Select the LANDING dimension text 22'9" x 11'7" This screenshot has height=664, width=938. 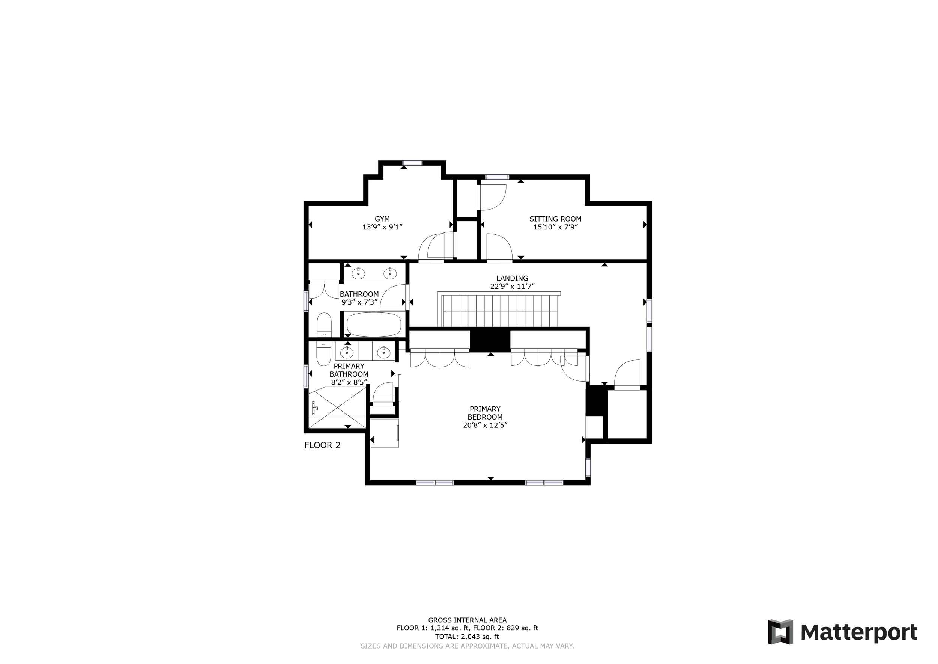512,287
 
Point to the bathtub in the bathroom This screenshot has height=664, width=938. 373,324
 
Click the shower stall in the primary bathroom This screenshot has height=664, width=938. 337,407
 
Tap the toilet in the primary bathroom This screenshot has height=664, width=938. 323,354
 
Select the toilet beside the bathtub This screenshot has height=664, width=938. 325,324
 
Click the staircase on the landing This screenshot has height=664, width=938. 500,311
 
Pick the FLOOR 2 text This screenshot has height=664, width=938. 322,445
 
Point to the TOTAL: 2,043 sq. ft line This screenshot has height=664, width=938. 467,637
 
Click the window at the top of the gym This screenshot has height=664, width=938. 412,163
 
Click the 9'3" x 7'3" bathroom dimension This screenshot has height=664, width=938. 359,303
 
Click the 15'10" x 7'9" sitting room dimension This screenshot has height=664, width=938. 555,227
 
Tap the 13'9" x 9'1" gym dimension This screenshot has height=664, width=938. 382,227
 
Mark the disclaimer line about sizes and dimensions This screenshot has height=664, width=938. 467,646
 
